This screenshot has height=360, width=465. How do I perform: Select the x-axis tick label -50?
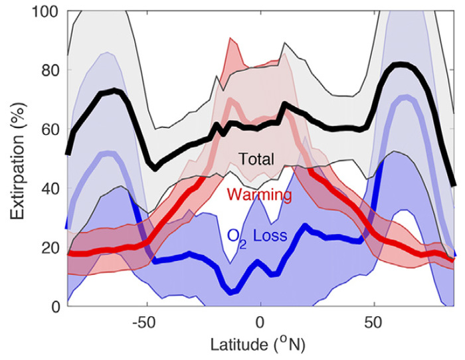point(142,324)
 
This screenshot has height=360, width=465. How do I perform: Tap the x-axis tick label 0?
point(260,324)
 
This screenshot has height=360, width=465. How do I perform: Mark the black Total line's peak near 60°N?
point(399,64)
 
